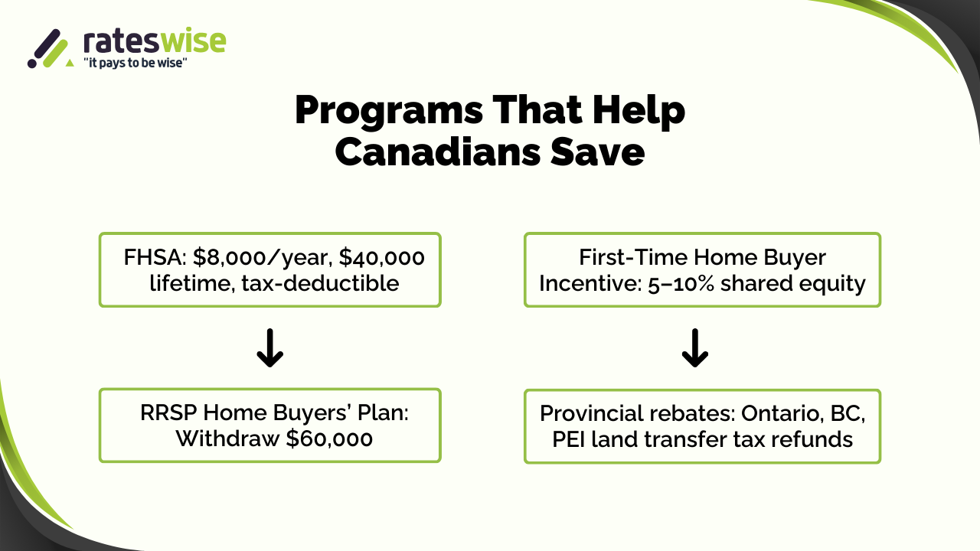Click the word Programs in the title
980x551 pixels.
tap(389, 111)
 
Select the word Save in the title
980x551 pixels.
tap(598, 152)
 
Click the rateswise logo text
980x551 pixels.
tap(155, 41)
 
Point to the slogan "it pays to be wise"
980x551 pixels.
tap(136, 63)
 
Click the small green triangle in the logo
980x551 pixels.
tap(70, 63)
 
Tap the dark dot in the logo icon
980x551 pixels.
tap(32, 64)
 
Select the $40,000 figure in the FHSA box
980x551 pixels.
tap(381, 257)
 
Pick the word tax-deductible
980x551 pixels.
tap(320, 283)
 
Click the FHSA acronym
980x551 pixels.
tap(155, 257)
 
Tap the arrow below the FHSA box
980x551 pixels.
tap(270, 347)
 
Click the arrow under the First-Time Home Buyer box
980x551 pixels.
tap(695, 347)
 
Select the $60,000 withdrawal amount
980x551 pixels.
tap(329, 439)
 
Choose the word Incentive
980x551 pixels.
tap(590, 283)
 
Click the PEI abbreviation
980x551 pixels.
tap(569, 439)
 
